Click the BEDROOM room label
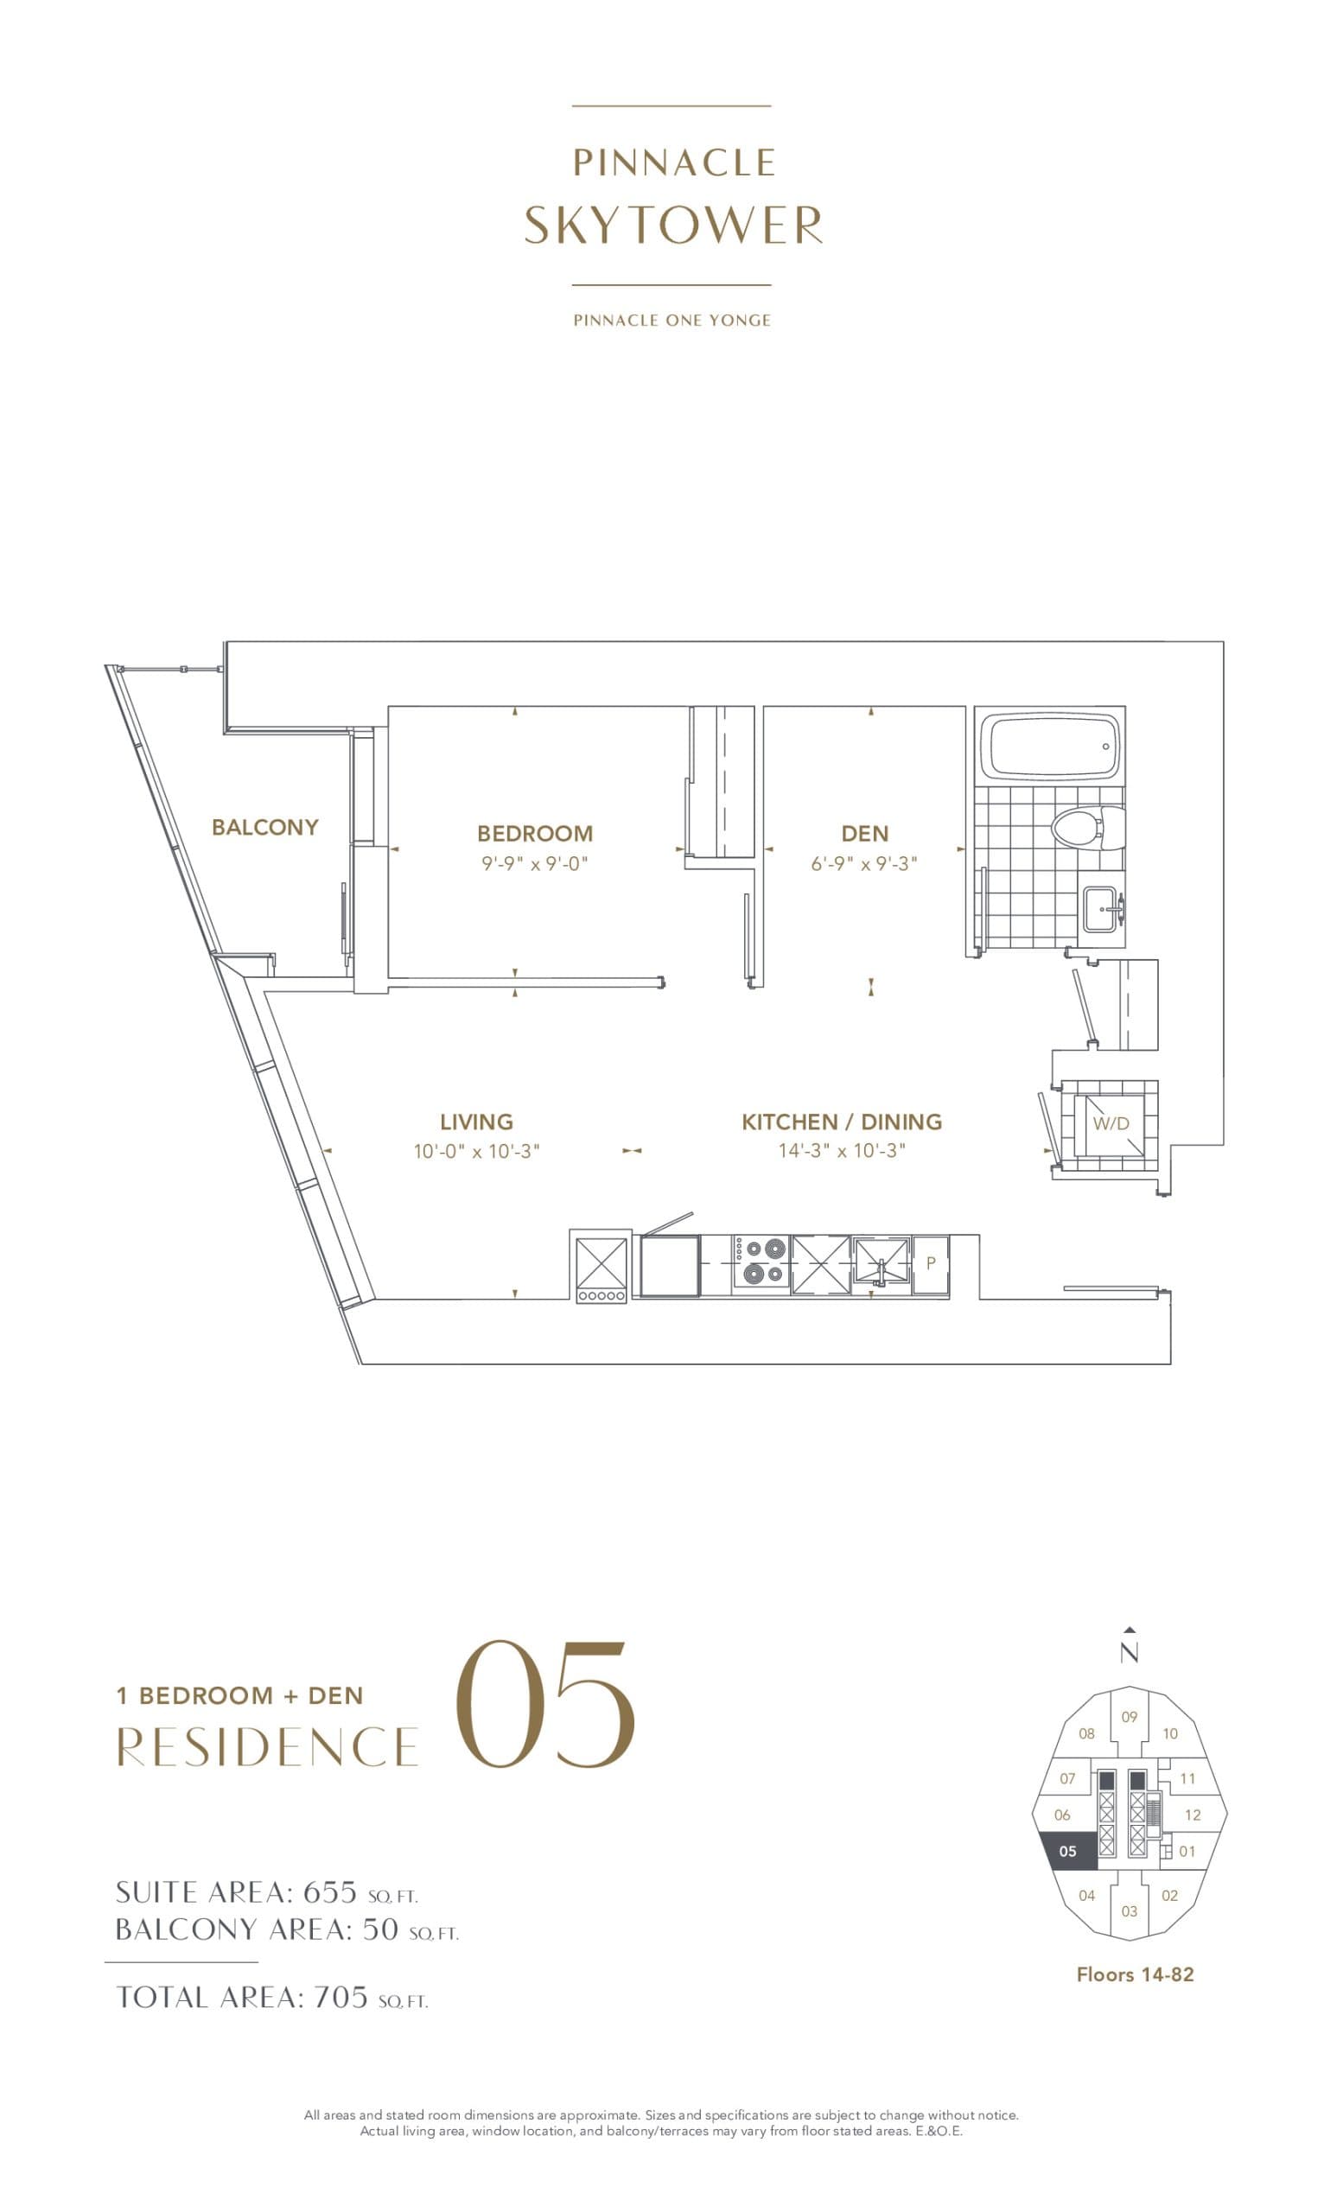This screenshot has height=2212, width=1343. pos(534,832)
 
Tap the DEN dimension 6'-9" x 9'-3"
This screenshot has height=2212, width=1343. pos(863,863)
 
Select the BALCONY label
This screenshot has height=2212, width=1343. pos(264,827)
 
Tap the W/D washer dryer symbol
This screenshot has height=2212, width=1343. pos(1111,1124)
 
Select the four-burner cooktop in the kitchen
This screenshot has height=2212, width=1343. pos(761,1262)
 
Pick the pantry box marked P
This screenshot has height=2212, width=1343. pos(931,1263)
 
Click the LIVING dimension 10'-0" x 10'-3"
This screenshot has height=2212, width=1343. pos(476,1151)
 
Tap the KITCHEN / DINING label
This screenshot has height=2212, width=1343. pos(841,1122)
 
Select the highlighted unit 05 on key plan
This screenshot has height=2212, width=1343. pos(1068,1852)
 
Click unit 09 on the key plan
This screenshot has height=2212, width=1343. pos(1130,1716)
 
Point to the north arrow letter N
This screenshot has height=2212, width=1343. pos(1130,1653)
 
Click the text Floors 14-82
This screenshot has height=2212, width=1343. pos(1135,1974)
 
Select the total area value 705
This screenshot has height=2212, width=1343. pos(341,1998)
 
